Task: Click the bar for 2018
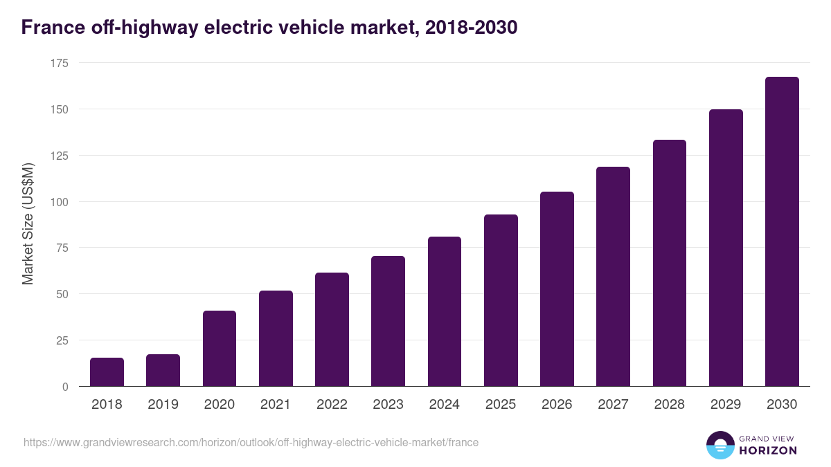click(107, 372)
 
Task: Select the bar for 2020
click(220, 349)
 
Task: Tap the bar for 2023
click(388, 321)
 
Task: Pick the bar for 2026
click(557, 289)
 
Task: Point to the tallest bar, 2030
click(782, 232)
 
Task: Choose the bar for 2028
click(670, 263)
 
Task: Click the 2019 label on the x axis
click(163, 404)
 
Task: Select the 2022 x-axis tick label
click(332, 404)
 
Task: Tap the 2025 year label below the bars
click(501, 404)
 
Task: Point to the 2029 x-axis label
click(726, 404)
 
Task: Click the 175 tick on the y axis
click(60, 63)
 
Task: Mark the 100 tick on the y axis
click(60, 202)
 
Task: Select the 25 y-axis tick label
click(62, 340)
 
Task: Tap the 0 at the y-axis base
click(65, 387)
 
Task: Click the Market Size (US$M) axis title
click(28, 223)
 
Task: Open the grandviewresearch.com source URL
click(251, 442)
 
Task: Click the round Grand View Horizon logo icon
click(720, 445)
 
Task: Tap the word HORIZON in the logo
click(767, 450)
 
